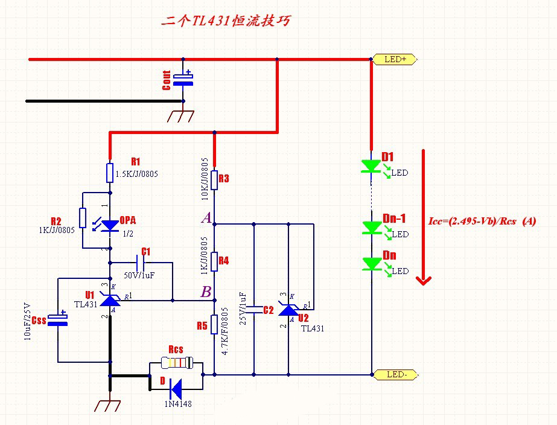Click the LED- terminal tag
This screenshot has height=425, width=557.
point(396,374)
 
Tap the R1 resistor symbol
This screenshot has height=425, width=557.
point(110,172)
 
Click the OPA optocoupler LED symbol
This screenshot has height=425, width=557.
point(110,225)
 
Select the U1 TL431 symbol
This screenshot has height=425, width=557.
point(110,299)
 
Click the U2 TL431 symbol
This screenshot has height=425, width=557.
point(288,309)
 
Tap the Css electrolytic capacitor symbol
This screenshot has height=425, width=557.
point(58,319)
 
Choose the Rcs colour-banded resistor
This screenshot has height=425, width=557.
point(176,363)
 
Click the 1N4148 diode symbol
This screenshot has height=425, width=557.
point(176,385)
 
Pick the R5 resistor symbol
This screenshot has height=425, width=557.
point(214,324)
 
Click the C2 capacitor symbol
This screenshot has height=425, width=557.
point(254,310)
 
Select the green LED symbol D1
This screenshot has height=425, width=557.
point(371,167)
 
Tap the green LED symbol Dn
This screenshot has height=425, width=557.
point(371,264)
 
